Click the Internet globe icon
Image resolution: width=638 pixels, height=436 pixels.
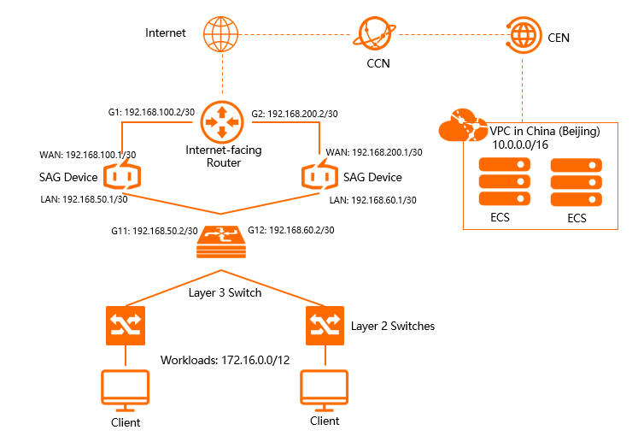(221, 36)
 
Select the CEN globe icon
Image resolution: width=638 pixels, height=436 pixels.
(523, 36)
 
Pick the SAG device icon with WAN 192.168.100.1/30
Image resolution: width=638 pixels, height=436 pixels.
(121, 177)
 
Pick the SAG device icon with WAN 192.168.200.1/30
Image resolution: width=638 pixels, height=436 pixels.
(320, 177)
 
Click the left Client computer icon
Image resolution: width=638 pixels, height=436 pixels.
(126, 390)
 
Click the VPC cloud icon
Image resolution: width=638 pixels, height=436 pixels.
(462, 127)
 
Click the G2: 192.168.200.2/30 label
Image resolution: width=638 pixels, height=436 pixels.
(295, 113)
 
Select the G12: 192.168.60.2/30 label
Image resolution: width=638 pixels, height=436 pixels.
(291, 231)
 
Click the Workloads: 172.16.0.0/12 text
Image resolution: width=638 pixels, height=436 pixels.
(225, 359)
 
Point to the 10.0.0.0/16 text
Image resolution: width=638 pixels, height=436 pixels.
(520, 146)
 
